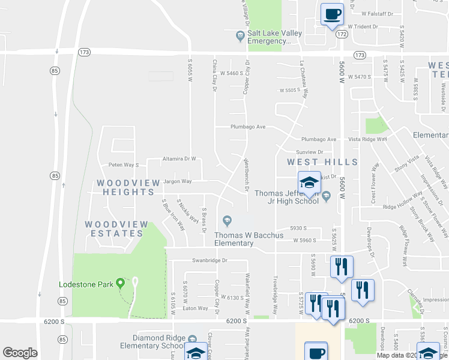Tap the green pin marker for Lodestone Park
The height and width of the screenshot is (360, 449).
pyautogui.click(x=120, y=283)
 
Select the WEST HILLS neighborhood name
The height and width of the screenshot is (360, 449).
pyautogui.click(x=322, y=162)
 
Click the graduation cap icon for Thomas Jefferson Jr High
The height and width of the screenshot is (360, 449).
pyautogui.click(x=309, y=182)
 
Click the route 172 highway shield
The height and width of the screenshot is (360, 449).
pyautogui.click(x=342, y=35)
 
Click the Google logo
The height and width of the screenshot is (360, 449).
pyautogui.click(x=20, y=353)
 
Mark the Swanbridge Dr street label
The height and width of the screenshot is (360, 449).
pyautogui.click(x=210, y=260)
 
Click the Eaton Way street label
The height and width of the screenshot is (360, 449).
pyautogui.click(x=195, y=308)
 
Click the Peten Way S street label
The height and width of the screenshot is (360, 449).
pyautogui.click(x=123, y=165)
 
